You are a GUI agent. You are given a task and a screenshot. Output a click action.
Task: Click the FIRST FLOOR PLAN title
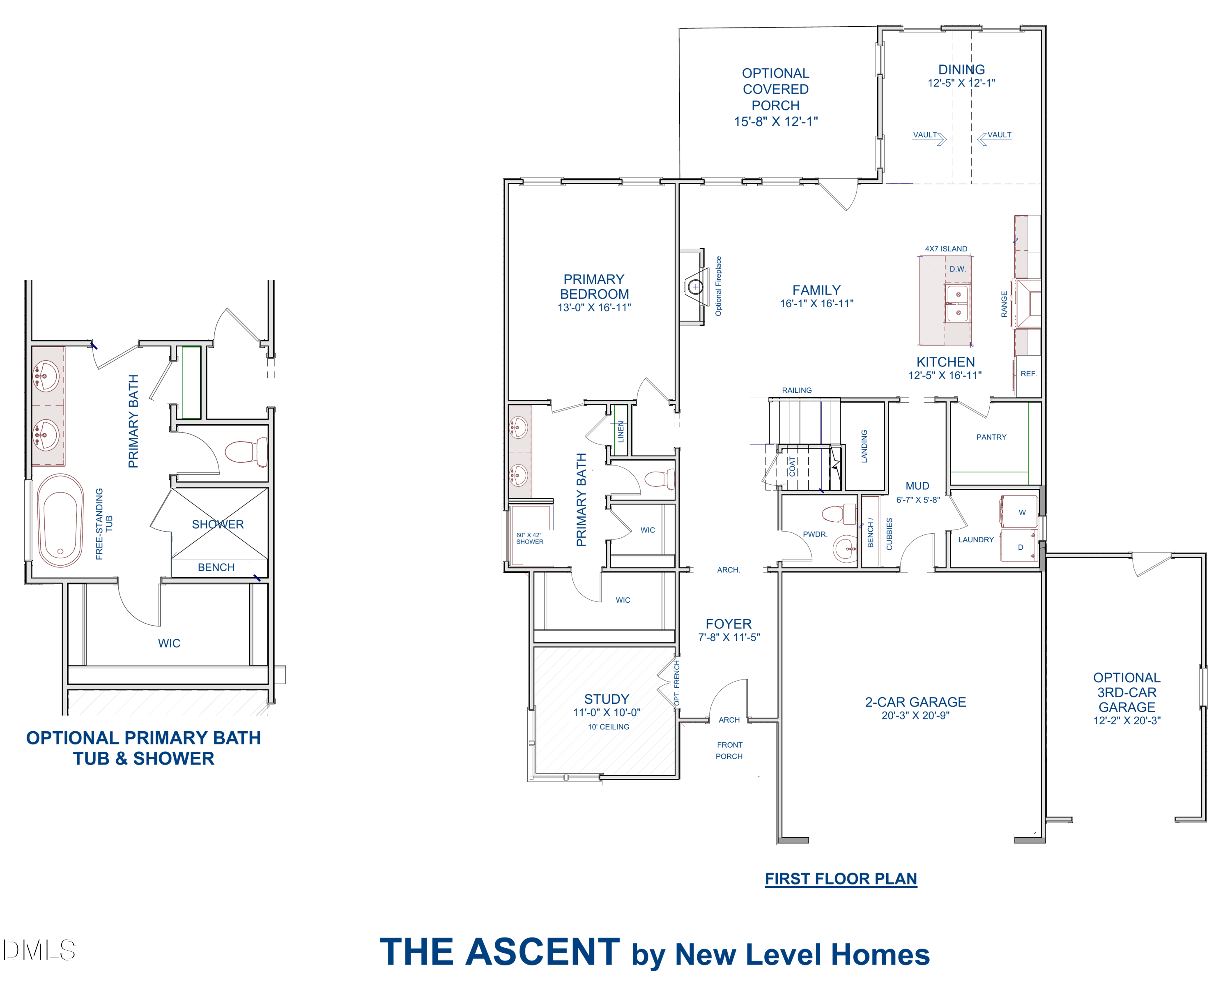(x=841, y=879)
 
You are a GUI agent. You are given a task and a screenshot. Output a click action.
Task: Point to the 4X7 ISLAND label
(x=946, y=249)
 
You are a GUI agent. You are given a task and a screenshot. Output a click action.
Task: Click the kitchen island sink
(x=958, y=304)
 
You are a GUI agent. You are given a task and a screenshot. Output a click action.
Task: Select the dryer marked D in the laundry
(x=1019, y=547)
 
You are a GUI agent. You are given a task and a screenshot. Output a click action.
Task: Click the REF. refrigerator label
(x=1029, y=374)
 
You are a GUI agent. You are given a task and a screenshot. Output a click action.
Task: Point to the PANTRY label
(x=991, y=437)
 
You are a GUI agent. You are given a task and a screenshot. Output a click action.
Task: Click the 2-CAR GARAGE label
(x=915, y=702)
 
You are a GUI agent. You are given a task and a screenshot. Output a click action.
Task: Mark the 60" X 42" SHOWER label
(x=529, y=538)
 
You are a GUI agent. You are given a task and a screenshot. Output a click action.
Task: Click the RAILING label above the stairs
(x=797, y=390)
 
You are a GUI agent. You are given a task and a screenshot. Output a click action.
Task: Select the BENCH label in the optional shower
(x=216, y=567)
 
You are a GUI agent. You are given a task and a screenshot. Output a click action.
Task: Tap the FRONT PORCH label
(x=729, y=750)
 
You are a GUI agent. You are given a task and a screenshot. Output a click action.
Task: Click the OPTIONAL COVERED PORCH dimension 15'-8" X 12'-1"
(x=776, y=122)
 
